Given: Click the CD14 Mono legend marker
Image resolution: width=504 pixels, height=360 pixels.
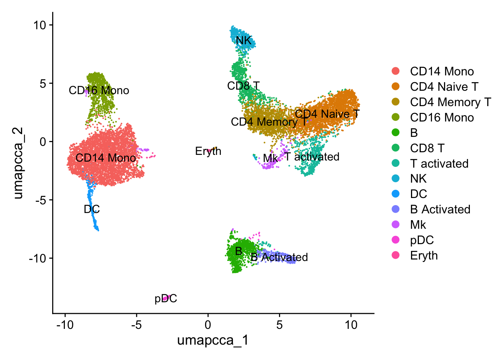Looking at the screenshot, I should tap(395, 71).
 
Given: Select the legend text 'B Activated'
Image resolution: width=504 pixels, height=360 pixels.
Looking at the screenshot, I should tap(440, 209).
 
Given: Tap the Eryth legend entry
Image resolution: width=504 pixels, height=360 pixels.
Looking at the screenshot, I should tap(424, 255).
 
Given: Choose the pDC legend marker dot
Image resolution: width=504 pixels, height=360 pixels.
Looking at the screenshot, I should tap(395, 240).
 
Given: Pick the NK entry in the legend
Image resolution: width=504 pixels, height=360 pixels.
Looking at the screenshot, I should tap(418, 178).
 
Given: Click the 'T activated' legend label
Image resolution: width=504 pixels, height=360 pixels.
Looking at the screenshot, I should tap(439, 163).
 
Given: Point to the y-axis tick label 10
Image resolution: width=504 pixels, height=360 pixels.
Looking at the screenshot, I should tap(39, 25).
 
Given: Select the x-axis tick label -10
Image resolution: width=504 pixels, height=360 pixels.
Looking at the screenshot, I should tap(65, 325).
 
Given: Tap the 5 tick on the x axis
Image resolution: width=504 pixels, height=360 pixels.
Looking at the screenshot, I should tap(279, 325).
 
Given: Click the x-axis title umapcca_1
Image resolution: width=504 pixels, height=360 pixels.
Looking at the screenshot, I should tap(213, 340).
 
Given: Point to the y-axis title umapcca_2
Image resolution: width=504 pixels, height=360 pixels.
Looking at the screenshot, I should tap(18, 163).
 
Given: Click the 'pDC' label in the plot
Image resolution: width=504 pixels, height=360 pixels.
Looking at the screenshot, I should tap(166, 299).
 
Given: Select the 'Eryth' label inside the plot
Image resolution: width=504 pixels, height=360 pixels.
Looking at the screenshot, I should tap(208, 151).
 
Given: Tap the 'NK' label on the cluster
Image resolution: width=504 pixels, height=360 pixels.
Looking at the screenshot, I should tap(243, 40).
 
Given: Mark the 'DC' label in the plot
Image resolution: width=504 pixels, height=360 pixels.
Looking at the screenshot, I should tap(92, 209).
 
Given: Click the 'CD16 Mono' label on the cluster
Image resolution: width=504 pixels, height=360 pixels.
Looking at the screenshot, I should tap(99, 90).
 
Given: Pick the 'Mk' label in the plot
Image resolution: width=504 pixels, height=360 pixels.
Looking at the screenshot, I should tap(270, 158).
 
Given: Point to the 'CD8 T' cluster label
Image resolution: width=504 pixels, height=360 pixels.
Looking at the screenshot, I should tap(243, 86).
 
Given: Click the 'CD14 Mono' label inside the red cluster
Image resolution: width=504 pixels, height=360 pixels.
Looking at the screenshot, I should tap(105, 158).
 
